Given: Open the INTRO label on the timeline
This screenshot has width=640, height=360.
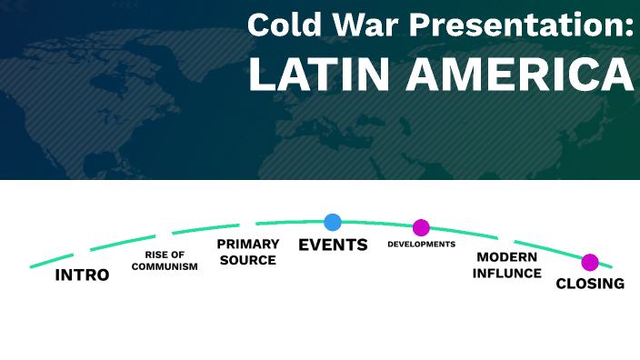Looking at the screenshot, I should (x=82, y=275).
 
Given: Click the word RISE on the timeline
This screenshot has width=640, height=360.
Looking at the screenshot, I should (x=156, y=255).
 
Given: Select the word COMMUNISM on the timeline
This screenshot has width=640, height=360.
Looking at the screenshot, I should (x=165, y=267).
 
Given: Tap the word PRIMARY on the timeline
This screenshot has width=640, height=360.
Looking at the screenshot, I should (x=247, y=245).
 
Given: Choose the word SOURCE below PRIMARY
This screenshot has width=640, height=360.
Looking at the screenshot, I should (x=247, y=260).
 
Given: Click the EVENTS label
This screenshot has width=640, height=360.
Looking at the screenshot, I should (x=333, y=245).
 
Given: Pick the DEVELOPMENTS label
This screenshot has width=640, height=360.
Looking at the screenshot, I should (x=421, y=245).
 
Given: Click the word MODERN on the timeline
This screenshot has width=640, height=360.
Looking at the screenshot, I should (x=506, y=257).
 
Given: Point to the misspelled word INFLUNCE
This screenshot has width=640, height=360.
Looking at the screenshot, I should (x=506, y=273).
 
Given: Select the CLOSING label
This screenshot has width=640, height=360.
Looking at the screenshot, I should (x=590, y=284).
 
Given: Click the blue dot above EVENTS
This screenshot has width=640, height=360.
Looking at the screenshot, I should (x=333, y=222).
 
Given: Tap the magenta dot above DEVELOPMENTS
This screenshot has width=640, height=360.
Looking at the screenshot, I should (x=421, y=227).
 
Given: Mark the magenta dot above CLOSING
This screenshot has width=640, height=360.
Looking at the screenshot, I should (x=590, y=262).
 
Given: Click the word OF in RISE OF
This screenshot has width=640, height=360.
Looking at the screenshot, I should (x=178, y=255).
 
